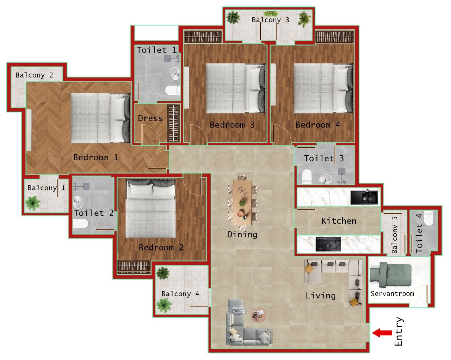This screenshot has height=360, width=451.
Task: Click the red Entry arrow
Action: tap(382, 333)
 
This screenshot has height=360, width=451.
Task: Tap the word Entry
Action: tap(399, 331)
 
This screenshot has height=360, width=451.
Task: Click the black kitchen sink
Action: tap(364, 197)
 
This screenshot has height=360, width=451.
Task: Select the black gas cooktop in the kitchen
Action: tap(328, 244)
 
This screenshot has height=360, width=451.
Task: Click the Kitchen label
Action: tap(339, 221)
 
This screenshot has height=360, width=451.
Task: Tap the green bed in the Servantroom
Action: tap(390, 275)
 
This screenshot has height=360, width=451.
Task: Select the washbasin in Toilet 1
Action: tap(175, 74)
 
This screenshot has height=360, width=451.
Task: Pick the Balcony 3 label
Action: tap(270, 20)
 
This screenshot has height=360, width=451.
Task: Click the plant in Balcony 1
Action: tap(33, 203)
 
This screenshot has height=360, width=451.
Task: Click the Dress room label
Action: tap(150, 118)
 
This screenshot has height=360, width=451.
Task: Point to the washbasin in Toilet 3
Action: tap(326, 179)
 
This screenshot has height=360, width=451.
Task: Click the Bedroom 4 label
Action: tap(317, 125)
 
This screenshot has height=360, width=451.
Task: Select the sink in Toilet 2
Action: tap(78, 202)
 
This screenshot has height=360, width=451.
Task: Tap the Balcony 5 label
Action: tap(394, 234)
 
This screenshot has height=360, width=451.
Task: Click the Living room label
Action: tap(320, 296)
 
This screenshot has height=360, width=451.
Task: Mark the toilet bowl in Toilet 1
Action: tap(173, 91)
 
